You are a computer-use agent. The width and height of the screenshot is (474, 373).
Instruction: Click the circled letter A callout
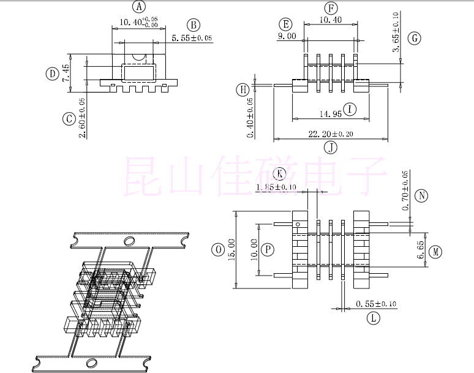coord(140,7)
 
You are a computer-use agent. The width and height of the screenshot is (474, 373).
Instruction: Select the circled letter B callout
coord(194,24)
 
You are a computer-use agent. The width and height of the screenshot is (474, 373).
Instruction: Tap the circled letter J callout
coord(331,147)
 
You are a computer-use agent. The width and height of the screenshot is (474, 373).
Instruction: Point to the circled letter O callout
coord(217,249)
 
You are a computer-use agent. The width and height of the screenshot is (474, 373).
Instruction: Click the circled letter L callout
coord(374,317)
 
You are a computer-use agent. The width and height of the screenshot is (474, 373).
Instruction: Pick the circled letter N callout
coord(421,196)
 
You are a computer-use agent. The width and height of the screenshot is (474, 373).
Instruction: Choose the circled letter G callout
coord(415,38)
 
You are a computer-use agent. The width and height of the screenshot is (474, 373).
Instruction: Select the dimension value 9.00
coord(287,36)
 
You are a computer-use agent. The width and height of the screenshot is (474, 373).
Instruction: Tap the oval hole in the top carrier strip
coord(129,241)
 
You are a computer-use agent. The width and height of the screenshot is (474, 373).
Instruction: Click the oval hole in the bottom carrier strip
coord(93,361)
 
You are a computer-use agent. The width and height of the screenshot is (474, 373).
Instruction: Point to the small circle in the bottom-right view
coord(298,224)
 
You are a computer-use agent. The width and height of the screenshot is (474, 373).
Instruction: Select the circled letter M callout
coord(435,252)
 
